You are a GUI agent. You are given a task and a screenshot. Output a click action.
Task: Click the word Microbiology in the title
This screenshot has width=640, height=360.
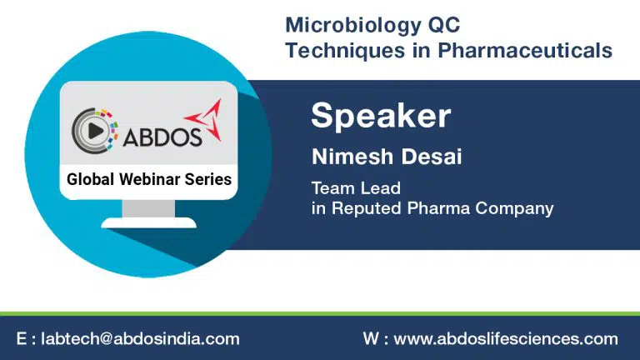pyautogui.click(x=352, y=26)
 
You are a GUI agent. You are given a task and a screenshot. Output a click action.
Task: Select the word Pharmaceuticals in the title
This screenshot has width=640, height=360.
pyautogui.click(x=525, y=51)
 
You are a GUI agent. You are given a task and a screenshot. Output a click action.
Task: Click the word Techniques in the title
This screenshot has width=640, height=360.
pyautogui.click(x=346, y=52)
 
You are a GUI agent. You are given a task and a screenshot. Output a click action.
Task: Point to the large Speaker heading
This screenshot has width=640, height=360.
pyautogui.click(x=381, y=116)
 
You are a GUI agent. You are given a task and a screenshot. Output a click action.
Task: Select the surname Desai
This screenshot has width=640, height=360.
pyautogui.click(x=431, y=157)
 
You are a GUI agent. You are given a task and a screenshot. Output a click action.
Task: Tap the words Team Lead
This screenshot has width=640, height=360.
pyautogui.click(x=356, y=188)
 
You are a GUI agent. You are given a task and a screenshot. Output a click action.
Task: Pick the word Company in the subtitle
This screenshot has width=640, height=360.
pyautogui.click(x=514, y=208)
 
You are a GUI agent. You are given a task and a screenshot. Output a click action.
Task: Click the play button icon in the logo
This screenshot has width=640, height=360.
pyautogui.click(x=96, y=131)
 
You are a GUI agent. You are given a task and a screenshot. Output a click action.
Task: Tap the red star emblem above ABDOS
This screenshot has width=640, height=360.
pyautogui.click(x=205, y=119)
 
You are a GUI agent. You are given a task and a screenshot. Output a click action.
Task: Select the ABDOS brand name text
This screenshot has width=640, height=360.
pyautogui.click(x=162, y=137)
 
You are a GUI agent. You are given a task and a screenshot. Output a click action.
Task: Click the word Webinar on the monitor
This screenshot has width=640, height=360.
pyautogui.click(x=149, y=179)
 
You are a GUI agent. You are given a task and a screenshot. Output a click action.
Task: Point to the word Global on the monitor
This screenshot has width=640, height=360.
pyautogui.click(x=90, y=179)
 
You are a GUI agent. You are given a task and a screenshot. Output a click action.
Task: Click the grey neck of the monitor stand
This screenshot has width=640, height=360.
pyautogui.click(x=148, y=208)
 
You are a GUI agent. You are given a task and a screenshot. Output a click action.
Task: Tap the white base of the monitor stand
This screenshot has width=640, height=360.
pyautogui.click(x=148, y=222)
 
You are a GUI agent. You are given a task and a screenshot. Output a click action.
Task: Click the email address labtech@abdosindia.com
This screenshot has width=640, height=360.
pyautogui.click(x=140, y=339)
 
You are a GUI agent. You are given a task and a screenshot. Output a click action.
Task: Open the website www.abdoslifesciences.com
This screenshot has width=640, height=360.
pyautogui.click(x=506, y=339)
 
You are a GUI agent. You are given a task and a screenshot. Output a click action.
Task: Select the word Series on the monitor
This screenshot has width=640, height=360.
pyautogui.click(x=208, y=179)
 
